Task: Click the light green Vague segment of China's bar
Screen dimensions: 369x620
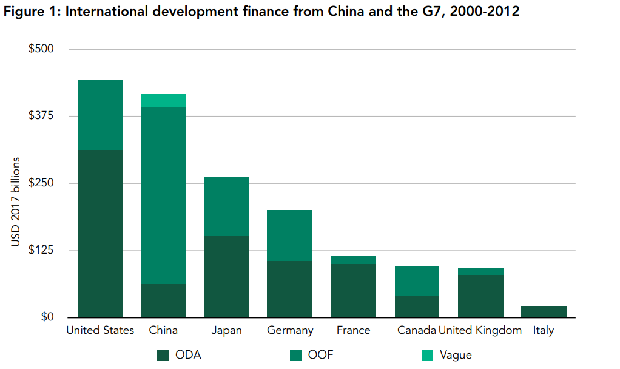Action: (x=163, y=101)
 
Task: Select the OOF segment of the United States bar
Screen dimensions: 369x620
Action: (x=100, y=115)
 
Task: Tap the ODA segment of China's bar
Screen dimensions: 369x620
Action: (x=163, y=300)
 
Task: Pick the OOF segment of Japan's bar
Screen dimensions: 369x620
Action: (x=226, y=206)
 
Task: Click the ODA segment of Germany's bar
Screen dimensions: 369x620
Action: (x=289, y=289)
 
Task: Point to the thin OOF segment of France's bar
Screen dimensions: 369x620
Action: (x=353, y=260)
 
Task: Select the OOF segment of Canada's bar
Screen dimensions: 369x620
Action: (x=417, y=281)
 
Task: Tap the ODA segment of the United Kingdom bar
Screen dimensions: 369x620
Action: (x=480, y=296)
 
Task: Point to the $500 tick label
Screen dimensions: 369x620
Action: (x=42, y=49)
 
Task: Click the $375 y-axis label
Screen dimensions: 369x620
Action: (x=42, y=116)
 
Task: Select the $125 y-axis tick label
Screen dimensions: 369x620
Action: (x=42, y=250)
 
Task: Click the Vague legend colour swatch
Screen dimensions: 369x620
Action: (x=428, y=355)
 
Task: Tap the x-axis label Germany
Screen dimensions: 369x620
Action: (x=290, y=331)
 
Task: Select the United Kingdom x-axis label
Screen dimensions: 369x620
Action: (x=480, y=331)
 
